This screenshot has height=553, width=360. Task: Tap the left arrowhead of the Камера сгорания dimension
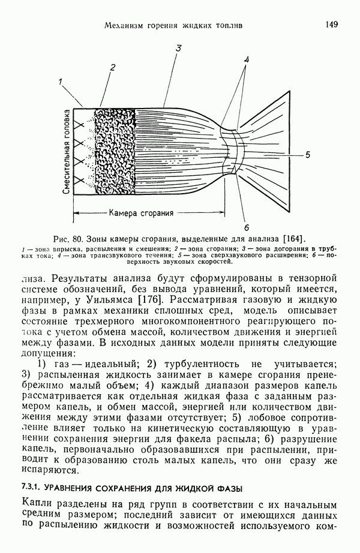point(76,213)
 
